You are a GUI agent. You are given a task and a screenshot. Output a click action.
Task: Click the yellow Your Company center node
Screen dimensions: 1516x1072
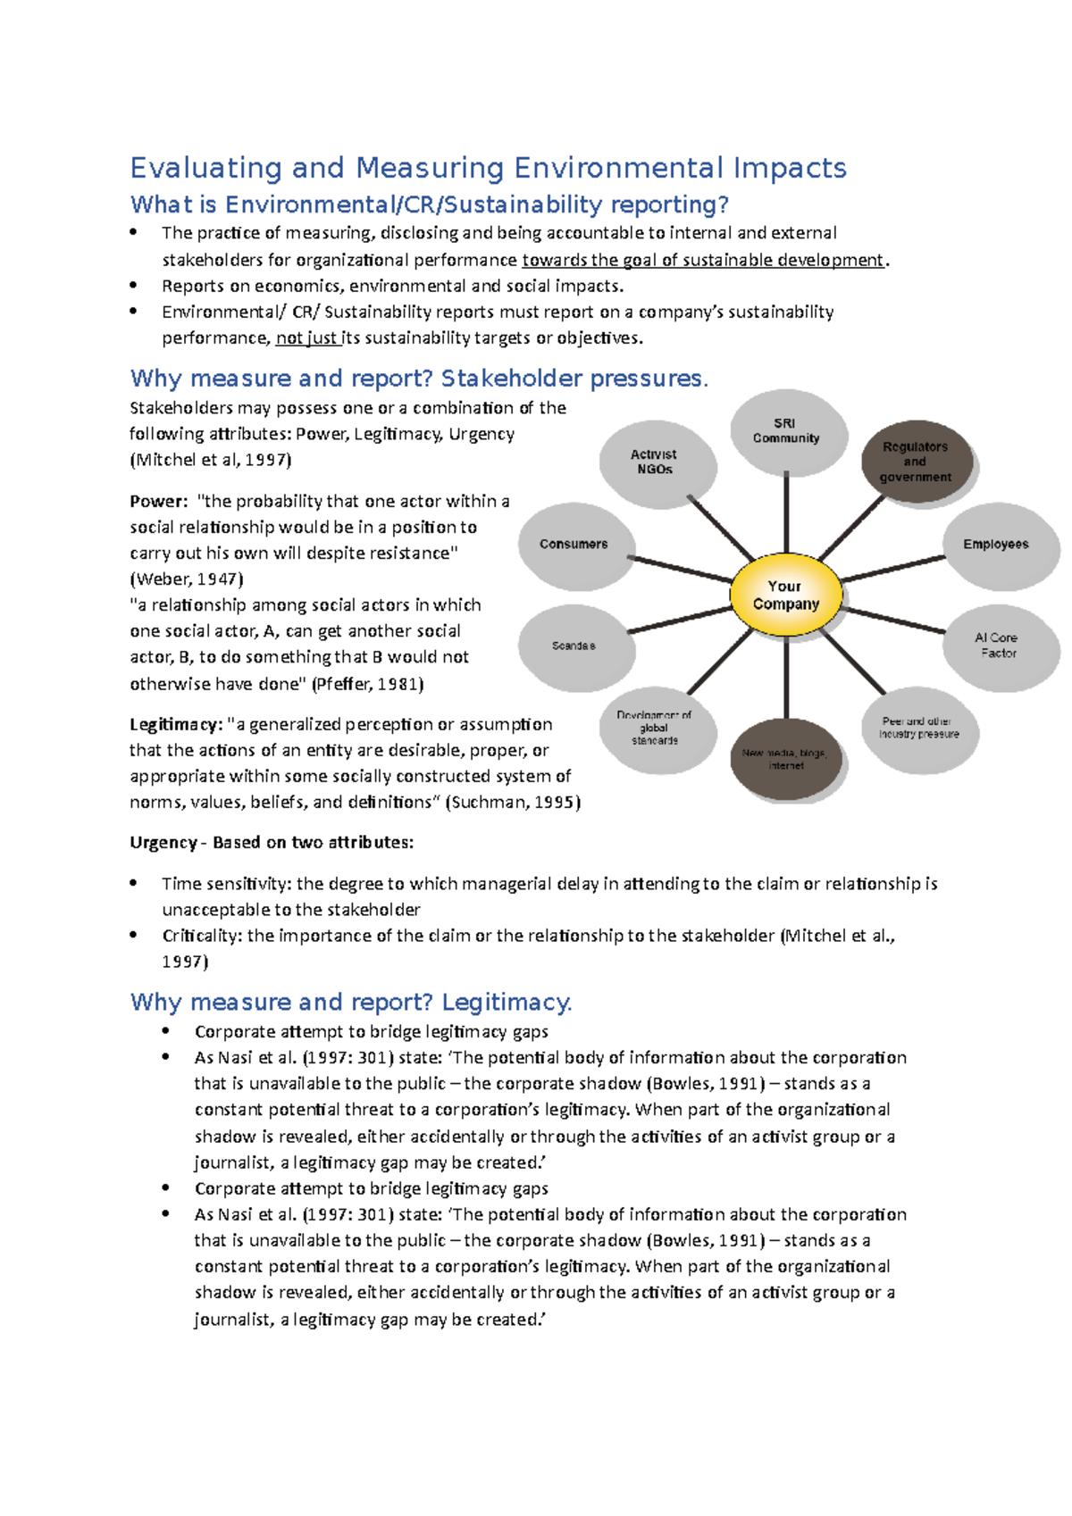785,595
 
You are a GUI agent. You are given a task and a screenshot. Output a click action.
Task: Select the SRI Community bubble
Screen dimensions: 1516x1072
785,432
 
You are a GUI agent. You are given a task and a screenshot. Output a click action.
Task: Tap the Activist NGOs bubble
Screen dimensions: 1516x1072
656,462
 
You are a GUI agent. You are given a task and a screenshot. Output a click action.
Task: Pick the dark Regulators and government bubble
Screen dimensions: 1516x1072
916,462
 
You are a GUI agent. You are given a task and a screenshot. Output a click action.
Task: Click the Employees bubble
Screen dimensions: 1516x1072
996,545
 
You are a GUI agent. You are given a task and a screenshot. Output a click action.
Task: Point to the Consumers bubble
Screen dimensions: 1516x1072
574,545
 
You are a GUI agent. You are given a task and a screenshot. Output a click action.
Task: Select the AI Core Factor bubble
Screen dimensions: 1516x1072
997,646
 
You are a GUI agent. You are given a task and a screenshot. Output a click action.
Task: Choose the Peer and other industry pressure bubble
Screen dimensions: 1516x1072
919,729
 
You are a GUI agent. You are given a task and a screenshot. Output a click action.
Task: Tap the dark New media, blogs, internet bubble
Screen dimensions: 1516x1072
785,759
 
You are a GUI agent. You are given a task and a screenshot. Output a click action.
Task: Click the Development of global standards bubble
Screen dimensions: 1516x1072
656,729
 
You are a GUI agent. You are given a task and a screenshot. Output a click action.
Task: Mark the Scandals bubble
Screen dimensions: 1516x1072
574,646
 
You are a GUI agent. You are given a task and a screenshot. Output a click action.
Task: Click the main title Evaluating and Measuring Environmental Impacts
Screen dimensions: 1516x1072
488,168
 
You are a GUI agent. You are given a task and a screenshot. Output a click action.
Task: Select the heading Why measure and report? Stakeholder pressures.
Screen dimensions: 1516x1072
418,379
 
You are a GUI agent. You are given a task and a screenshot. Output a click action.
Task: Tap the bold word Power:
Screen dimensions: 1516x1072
159,502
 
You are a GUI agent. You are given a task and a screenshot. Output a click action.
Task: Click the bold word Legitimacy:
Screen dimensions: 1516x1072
176,725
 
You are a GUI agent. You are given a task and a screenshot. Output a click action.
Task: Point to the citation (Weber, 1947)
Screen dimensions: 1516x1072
187,579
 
